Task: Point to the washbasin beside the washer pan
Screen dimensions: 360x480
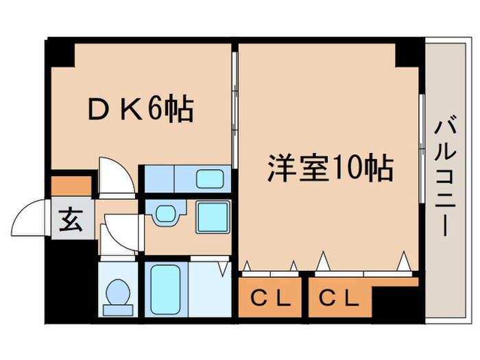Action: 165,215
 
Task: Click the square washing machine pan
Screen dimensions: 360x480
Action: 213,217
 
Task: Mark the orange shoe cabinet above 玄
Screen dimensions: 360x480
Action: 71,186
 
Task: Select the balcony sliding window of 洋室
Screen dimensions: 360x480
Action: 420,147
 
